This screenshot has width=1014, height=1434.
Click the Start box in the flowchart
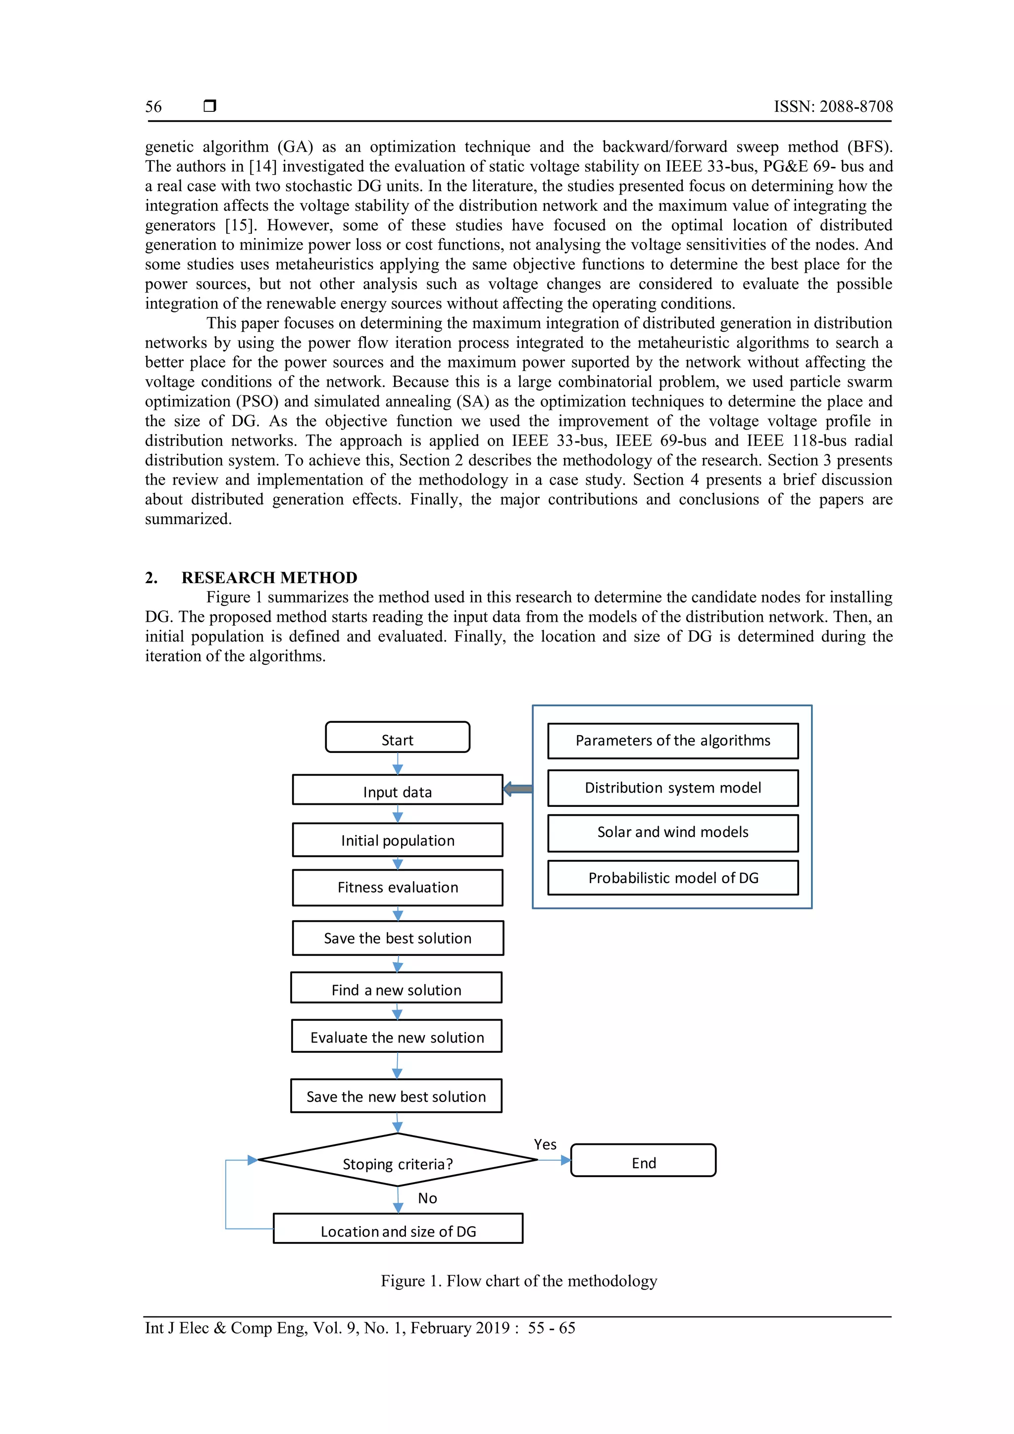pos(398,738)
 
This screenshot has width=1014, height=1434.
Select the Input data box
pos(398,790)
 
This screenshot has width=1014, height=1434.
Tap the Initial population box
pos(398,840)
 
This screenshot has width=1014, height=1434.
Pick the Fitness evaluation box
pos(398,888)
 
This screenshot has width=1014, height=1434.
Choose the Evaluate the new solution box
pos(397,1037)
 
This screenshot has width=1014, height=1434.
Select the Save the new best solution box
pos(396,1096)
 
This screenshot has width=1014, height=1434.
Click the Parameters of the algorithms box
pos(673,741)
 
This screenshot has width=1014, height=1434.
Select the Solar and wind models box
pos(673,833)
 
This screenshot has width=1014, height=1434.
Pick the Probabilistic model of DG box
pos(673,878)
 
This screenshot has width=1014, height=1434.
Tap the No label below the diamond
pos(427,1198)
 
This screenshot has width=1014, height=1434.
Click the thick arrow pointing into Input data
pos(518,790)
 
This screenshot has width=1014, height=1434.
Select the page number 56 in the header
pos(153,107)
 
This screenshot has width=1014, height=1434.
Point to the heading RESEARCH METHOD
pos(269,578)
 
